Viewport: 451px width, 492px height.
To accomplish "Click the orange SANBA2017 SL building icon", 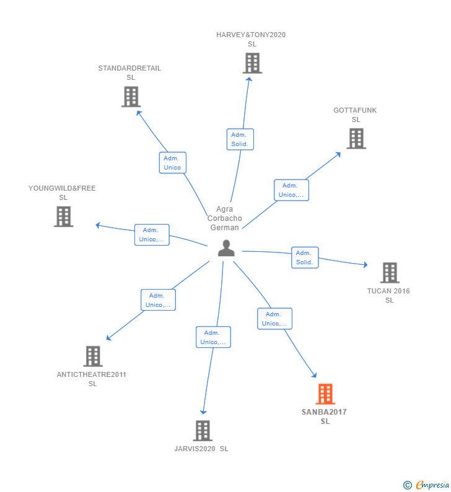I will pyautogui.click(x=325, y=394).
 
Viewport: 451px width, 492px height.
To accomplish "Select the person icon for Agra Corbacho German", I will pyautogui.click(x=226, y=248).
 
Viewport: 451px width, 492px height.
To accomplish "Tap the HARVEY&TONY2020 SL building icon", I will pyautogui.click(x=252, y=63).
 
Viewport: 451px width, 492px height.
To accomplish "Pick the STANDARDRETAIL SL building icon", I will pyautogui.click(x=131, y=97).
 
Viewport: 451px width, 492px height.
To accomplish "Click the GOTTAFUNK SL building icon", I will pyautogui.click(x=356, y=139).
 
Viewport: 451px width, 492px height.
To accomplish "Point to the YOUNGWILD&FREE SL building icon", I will pyautogui.click(x=63, y=217).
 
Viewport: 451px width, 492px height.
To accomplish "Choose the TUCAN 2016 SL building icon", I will pyautogui.click(x=389, y=272).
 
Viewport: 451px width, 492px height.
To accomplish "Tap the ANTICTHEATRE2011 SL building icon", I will pyautogui.click(x=92, y=356).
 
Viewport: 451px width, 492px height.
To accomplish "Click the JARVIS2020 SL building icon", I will pyautogui.click(x=202, y=431).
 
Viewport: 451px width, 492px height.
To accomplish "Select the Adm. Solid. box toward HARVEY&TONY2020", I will pyautogui.click(x=240, y=139).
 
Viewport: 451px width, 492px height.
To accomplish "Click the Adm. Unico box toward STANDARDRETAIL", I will pyautogui.click(x=172, y=163).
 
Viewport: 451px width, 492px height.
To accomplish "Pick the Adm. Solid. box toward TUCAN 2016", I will pyautogui.click(x=305, y=257).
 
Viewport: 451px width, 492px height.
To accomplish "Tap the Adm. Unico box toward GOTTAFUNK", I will pyautogui.click(x=291, y=190).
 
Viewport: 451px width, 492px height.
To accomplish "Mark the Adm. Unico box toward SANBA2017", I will pyautogui.click(x=274, y=319).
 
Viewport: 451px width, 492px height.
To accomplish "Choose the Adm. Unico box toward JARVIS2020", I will pyautogui.click(x=213, y=337).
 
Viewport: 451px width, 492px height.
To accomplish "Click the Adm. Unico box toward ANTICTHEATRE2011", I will pyautogui.click(x=158, y=300).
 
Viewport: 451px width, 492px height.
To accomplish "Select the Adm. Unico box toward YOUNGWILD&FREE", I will pyautogui.click(x=152, y=235).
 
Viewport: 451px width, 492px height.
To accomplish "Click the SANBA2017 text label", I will pyautogui.click(x=325, y=412).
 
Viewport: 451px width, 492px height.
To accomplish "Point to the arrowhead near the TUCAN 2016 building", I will pyautogui.click(x=366, y=265).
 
